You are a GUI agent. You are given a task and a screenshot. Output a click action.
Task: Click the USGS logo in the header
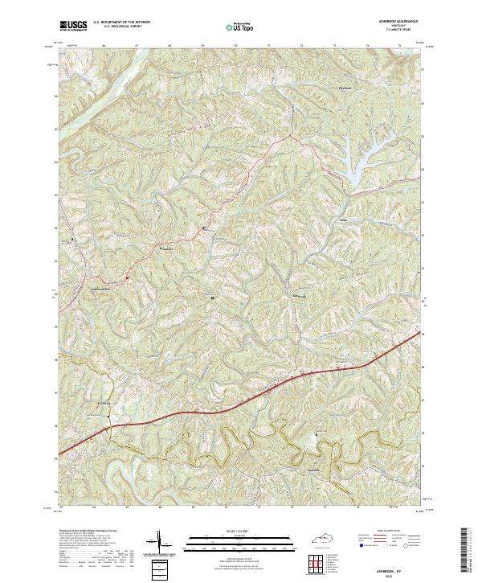click(73, 27)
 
